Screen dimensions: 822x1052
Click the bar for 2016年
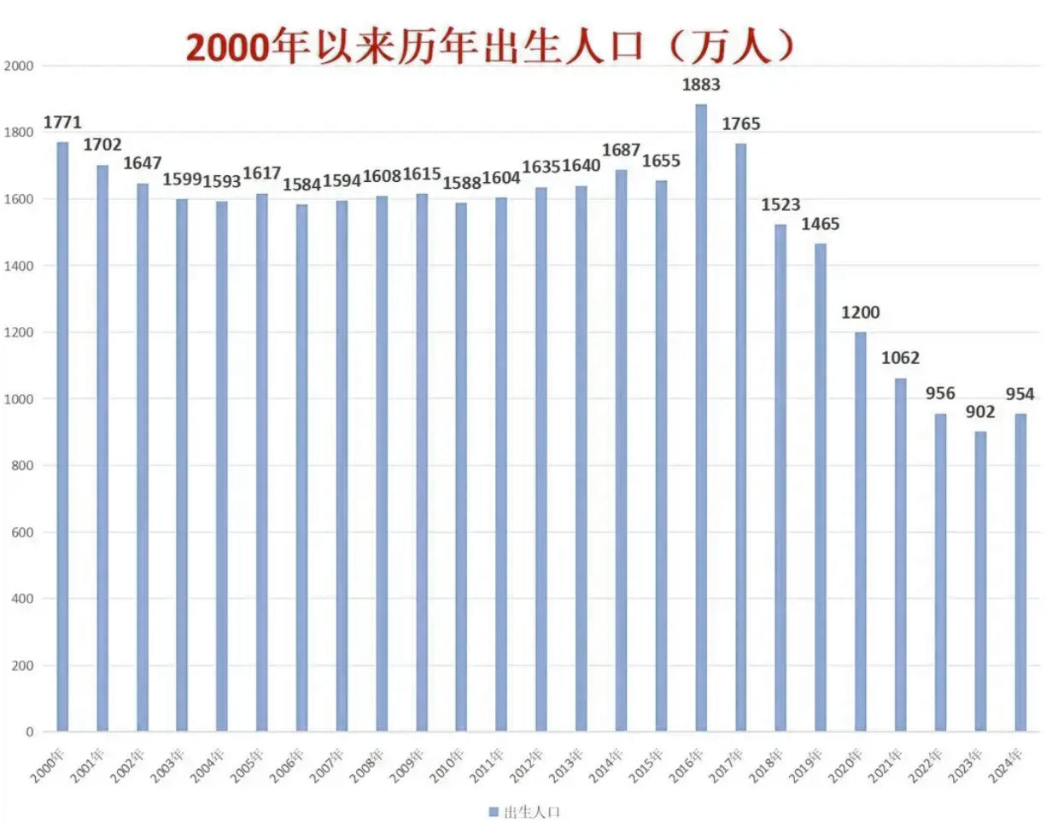point(701,419)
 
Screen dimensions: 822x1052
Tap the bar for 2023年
point(980,581)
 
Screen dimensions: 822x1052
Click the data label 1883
point(701,85)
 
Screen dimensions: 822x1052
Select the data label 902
point(981,412)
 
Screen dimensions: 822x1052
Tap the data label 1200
point(859,313)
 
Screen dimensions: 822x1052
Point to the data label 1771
point(61,123)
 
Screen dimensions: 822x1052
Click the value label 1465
point(820,225)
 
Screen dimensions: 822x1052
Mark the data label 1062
point(900,358)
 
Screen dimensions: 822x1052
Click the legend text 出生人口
point(533,811)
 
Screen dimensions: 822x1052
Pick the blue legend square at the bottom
point(493,811)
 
